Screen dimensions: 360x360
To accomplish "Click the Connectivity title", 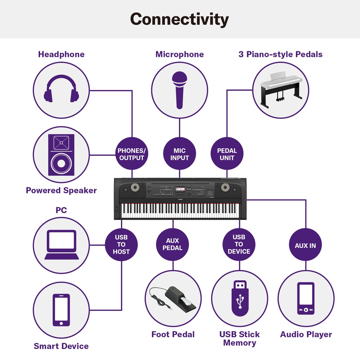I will [179, 19].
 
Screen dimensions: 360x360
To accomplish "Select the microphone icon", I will [180, 90].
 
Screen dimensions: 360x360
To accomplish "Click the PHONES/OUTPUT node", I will [131, 154].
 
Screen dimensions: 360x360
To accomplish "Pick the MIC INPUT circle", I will [180, 154].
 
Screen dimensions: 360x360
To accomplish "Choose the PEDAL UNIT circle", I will [227, 154].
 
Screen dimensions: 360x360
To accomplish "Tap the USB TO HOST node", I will [121, 245].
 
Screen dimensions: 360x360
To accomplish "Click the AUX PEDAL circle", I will [173, 245].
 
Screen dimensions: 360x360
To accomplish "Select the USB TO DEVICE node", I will [239, 245].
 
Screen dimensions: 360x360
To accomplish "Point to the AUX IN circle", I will [305, 245].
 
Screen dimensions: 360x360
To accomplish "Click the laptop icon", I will [62, 245].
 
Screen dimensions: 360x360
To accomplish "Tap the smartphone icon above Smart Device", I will [61, 310].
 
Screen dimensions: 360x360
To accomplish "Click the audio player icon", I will [306, 298].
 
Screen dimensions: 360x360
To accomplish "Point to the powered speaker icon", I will [61, 155].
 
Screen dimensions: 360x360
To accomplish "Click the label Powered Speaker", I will [61, 191].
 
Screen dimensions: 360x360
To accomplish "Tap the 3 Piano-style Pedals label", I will [280, 54].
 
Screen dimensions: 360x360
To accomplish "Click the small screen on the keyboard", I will [180, 189].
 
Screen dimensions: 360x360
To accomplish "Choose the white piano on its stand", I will [281, 90].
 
